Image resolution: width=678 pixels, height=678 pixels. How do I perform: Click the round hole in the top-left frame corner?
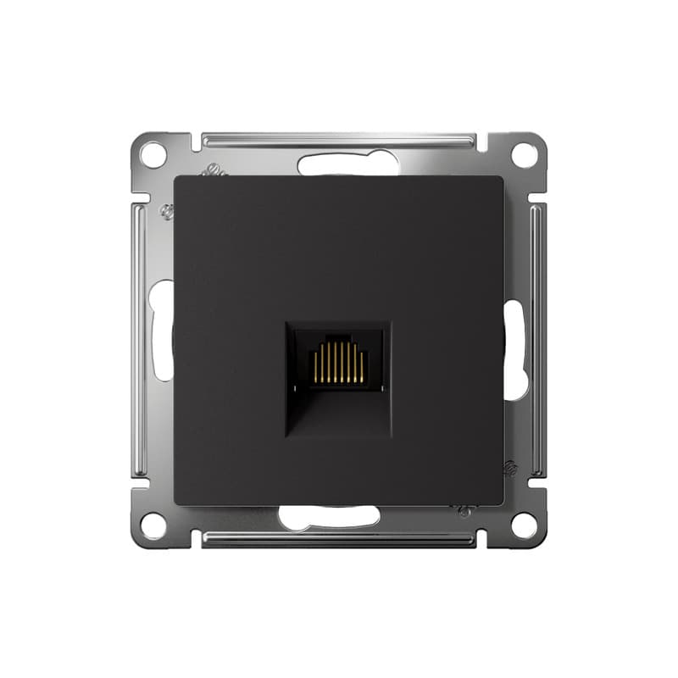click(153, 155)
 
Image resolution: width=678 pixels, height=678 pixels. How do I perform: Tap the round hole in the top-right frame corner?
click(525, 155)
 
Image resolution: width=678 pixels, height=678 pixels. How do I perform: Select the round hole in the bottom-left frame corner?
click(153, 525)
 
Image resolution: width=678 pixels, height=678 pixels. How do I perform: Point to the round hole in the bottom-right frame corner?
click(525, 525)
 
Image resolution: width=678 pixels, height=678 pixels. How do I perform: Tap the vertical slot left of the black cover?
click(162, 331)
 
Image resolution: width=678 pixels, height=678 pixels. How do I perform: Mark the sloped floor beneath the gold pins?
click(339, 411)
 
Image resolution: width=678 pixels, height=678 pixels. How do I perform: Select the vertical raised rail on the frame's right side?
click(537, 339)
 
